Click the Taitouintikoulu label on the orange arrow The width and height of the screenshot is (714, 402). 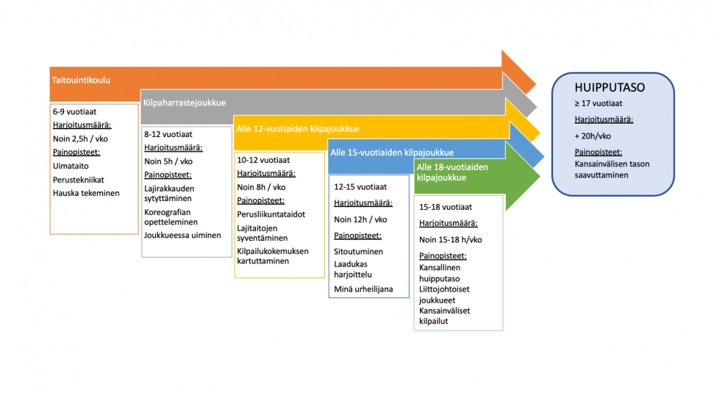(81, 80)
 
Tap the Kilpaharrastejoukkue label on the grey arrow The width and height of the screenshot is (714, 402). (185, 103)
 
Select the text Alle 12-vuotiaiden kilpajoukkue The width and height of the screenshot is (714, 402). (298, 129)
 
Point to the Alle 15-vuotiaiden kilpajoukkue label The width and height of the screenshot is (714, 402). (392, 152)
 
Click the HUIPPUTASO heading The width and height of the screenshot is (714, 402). (610, 88)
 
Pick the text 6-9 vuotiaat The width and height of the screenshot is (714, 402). (75, 112)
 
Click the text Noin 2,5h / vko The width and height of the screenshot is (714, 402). (80, 139)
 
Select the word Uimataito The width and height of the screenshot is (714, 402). (71, 166)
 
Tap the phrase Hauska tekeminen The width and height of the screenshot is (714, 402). (86, 193)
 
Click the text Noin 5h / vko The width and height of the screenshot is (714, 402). (168, 161)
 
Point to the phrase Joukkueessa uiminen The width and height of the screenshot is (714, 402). (182, 235)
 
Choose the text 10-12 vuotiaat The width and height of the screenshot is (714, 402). (263, 160)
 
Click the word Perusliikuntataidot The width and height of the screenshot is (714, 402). (271, 214)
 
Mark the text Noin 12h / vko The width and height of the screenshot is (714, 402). (360, 219)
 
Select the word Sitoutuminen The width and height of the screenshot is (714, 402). (358, 252)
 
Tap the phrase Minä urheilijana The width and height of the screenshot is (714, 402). (363, 289)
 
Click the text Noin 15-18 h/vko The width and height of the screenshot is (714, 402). (450, 240)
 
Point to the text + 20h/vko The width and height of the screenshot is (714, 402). (593, 136)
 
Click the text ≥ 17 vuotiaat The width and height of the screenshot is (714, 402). (599, 104)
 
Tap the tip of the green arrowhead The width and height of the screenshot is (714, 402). (540, 177)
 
